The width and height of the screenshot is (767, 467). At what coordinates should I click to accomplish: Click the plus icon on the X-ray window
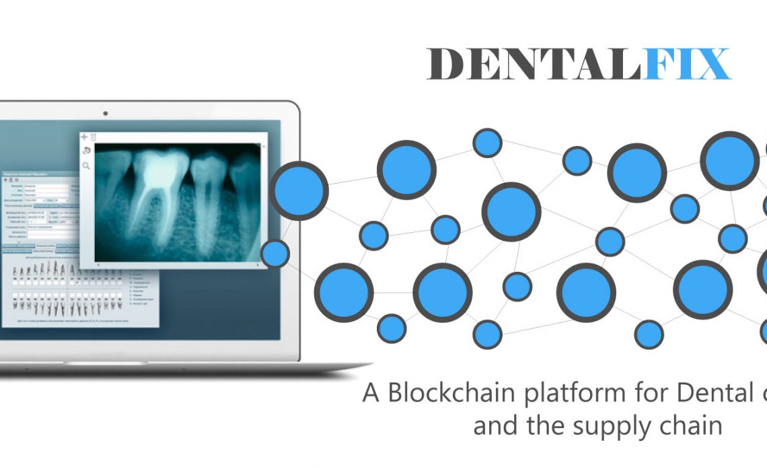tap(84, 137)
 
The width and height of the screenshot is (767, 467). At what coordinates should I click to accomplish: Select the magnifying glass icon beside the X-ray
tap(86, 165)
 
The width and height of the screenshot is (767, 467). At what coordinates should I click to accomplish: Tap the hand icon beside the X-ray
tap(85, 151)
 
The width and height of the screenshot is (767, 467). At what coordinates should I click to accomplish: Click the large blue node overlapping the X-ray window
tap(299, 190)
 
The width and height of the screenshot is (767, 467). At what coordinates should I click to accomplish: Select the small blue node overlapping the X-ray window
tap(275, 254)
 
